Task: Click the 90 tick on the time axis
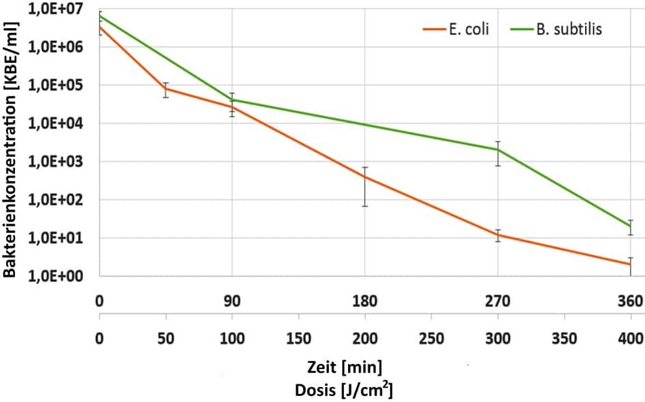pyautogui.click(x=232, y=301)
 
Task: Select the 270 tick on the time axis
pyautogui.click(x=498, y=301)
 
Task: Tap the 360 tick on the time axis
pyautogui.click(x=630, y=301)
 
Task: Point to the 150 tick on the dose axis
pyautogui.click(x=298, y=338)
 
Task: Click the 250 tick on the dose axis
pyautogui.click(x=431, y=338)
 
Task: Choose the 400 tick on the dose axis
pyautogui.click(x=630, y=338)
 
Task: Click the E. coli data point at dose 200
pyautogui.click(x=365, y=177)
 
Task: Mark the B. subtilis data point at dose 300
pyautogui.click(x=498, y=150)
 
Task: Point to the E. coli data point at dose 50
pyautogui.click(x=166, y=88)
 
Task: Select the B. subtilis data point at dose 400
pyautogui.click(x=630, y=226)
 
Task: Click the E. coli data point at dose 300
pyautogui.click(x=498, y=235)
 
